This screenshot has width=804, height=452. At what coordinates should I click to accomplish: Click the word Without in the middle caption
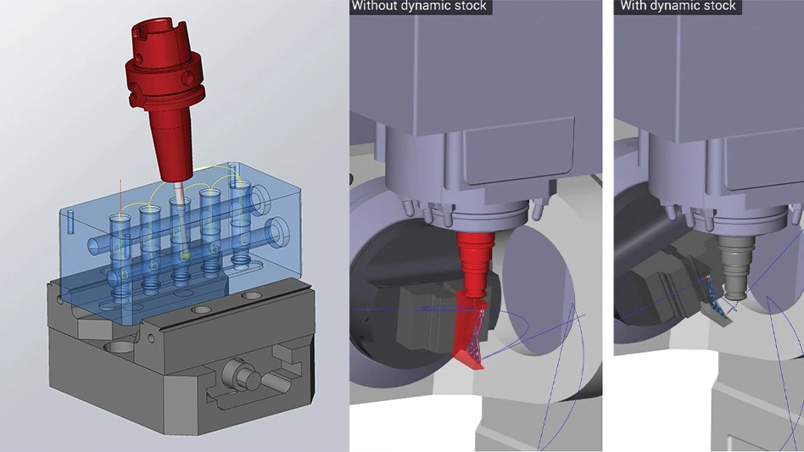click(374, 6)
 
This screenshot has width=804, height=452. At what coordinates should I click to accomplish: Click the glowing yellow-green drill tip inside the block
click(186, 254)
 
